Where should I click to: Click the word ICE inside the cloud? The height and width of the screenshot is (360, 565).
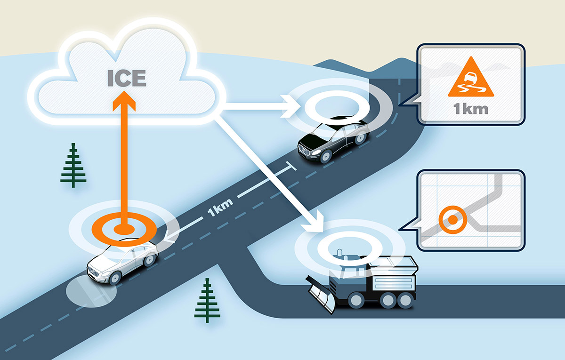pos(127,78)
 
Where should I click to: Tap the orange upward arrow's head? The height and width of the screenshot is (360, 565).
pos(124,101)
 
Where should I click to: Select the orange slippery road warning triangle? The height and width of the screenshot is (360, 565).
pos(471,77)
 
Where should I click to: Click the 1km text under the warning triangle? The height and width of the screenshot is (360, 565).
pos(471,109)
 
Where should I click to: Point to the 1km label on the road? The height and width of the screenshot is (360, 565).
pos(220,208)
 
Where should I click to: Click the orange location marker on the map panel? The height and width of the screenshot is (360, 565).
pos(453,220)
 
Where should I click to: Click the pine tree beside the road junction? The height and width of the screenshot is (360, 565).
pos(207,300)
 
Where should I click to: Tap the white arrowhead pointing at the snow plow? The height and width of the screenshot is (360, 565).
pos(316,223)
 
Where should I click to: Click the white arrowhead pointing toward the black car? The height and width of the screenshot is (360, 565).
pos(290,106)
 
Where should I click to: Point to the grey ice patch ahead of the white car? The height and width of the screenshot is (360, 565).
pos(91,291)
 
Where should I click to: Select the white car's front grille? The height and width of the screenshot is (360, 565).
pos(92,272)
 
